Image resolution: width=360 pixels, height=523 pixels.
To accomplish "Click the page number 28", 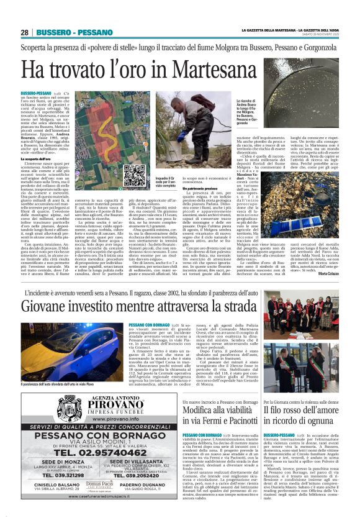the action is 25,32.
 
